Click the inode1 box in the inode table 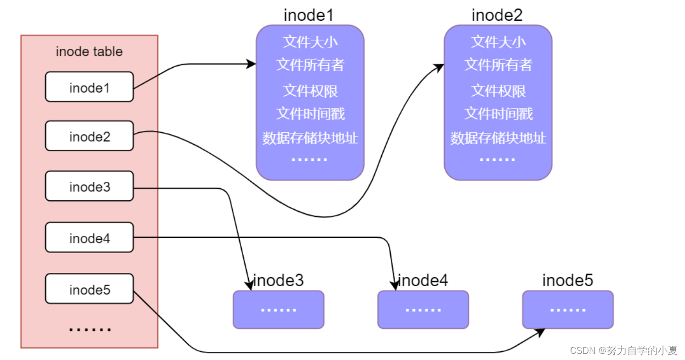[x=89, y=87]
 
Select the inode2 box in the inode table [x=89, y=136]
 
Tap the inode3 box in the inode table [x=89, y=186]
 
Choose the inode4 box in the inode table [x=89, y=237]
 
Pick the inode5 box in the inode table [x=89, y=289]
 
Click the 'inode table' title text [x=89, y=51]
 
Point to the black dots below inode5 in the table [x=90, y=329]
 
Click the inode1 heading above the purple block [x=309, y=15]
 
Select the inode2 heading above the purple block [x=497, y=15]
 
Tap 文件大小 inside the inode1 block [x=310, y=41]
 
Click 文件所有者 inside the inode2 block [x=498, y=65]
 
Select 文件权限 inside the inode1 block [x=310, y=91]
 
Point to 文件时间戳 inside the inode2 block [x=498, y=113]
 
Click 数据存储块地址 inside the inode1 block [x=310, y=137]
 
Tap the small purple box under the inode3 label [x=278, y=310]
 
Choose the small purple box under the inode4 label [x=423, y=310]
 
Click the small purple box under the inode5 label [x=567, y=310]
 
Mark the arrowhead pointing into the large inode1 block [x=251, y=64]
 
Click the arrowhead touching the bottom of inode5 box [x=540, y=333]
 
